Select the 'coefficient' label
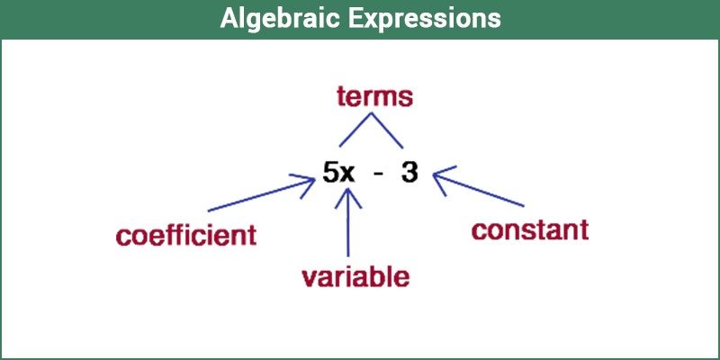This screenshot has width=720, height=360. [186, 236]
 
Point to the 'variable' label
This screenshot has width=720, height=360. [355, 275]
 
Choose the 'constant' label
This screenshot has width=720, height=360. [530, 230]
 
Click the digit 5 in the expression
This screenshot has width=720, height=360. [330, 173]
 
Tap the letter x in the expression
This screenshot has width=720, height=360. [348, 174]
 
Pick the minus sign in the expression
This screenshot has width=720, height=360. [379, 174]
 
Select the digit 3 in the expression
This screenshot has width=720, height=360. [410, 173]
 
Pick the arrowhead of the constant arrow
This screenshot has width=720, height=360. [439, 176]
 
